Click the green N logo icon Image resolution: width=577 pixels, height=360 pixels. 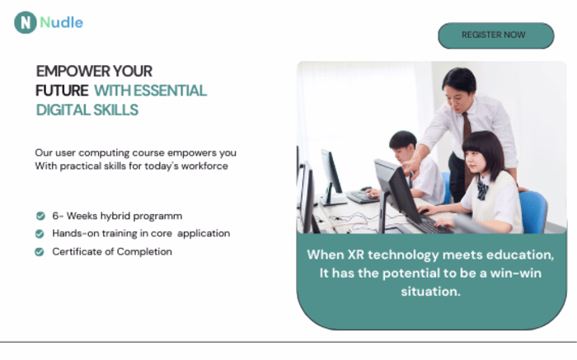pyautogui.click(x=25, y=23)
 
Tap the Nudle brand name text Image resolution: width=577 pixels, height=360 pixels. pyautogui.click(x=62, y=22)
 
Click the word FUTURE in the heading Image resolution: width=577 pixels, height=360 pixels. pyautogui.click(x=61, y=91)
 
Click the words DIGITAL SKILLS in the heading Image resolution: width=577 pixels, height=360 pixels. pyautogui.click(x=87, y=110)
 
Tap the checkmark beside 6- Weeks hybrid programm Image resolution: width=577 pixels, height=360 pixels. pyautogui.click(x=40, y=216)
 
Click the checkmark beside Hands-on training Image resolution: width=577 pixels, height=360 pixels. pyautogui.click(x=40, y=234)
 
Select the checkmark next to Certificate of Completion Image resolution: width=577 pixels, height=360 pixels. pyautogui.click(x=40, y=252)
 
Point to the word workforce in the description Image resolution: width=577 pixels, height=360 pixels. pyautogui.click(x=201, y=166)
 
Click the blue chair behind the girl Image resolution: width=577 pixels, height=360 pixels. pyautogui.click(x=532, y=210)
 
